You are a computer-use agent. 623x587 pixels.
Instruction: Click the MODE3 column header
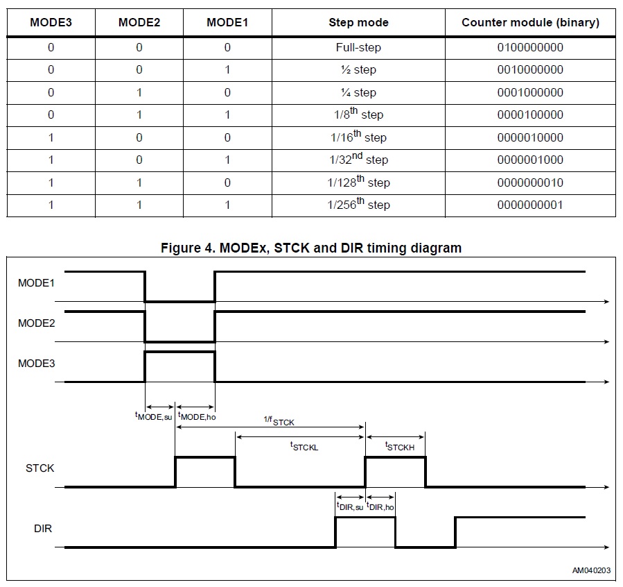51,22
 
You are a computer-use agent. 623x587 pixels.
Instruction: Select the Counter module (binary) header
530,22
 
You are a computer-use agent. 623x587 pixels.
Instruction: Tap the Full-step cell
358,48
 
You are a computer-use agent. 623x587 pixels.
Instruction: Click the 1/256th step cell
358,205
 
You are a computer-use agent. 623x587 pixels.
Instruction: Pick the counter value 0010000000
530,70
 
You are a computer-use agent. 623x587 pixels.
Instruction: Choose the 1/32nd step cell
358,160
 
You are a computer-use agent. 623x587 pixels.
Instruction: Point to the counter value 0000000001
530,205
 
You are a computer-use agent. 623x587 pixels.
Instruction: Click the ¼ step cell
358,92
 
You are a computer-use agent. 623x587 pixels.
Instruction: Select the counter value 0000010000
530,137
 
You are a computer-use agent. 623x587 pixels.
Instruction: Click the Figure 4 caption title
311,248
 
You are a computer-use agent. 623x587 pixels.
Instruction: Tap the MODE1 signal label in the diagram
36,283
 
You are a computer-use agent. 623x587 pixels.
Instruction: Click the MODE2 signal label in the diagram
36,323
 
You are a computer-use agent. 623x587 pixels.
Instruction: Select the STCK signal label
40,468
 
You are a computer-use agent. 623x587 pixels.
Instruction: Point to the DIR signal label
43,529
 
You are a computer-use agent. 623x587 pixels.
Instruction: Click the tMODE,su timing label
153,416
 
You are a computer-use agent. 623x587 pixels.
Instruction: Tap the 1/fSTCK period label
279,421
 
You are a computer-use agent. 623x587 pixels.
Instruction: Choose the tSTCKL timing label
304,447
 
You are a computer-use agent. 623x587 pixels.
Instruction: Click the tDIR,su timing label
350,507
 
